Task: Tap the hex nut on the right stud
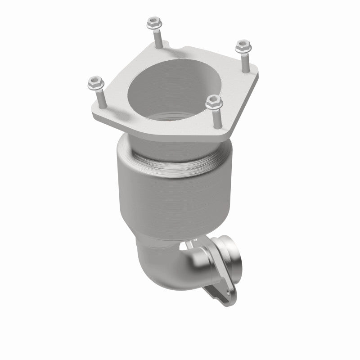(x=243, y=45)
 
